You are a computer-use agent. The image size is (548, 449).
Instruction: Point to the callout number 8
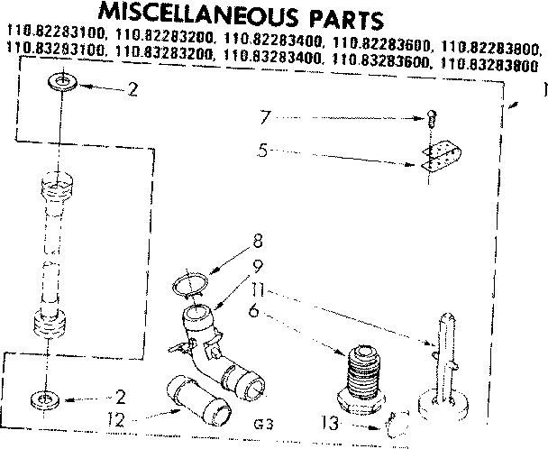click(258, 241)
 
